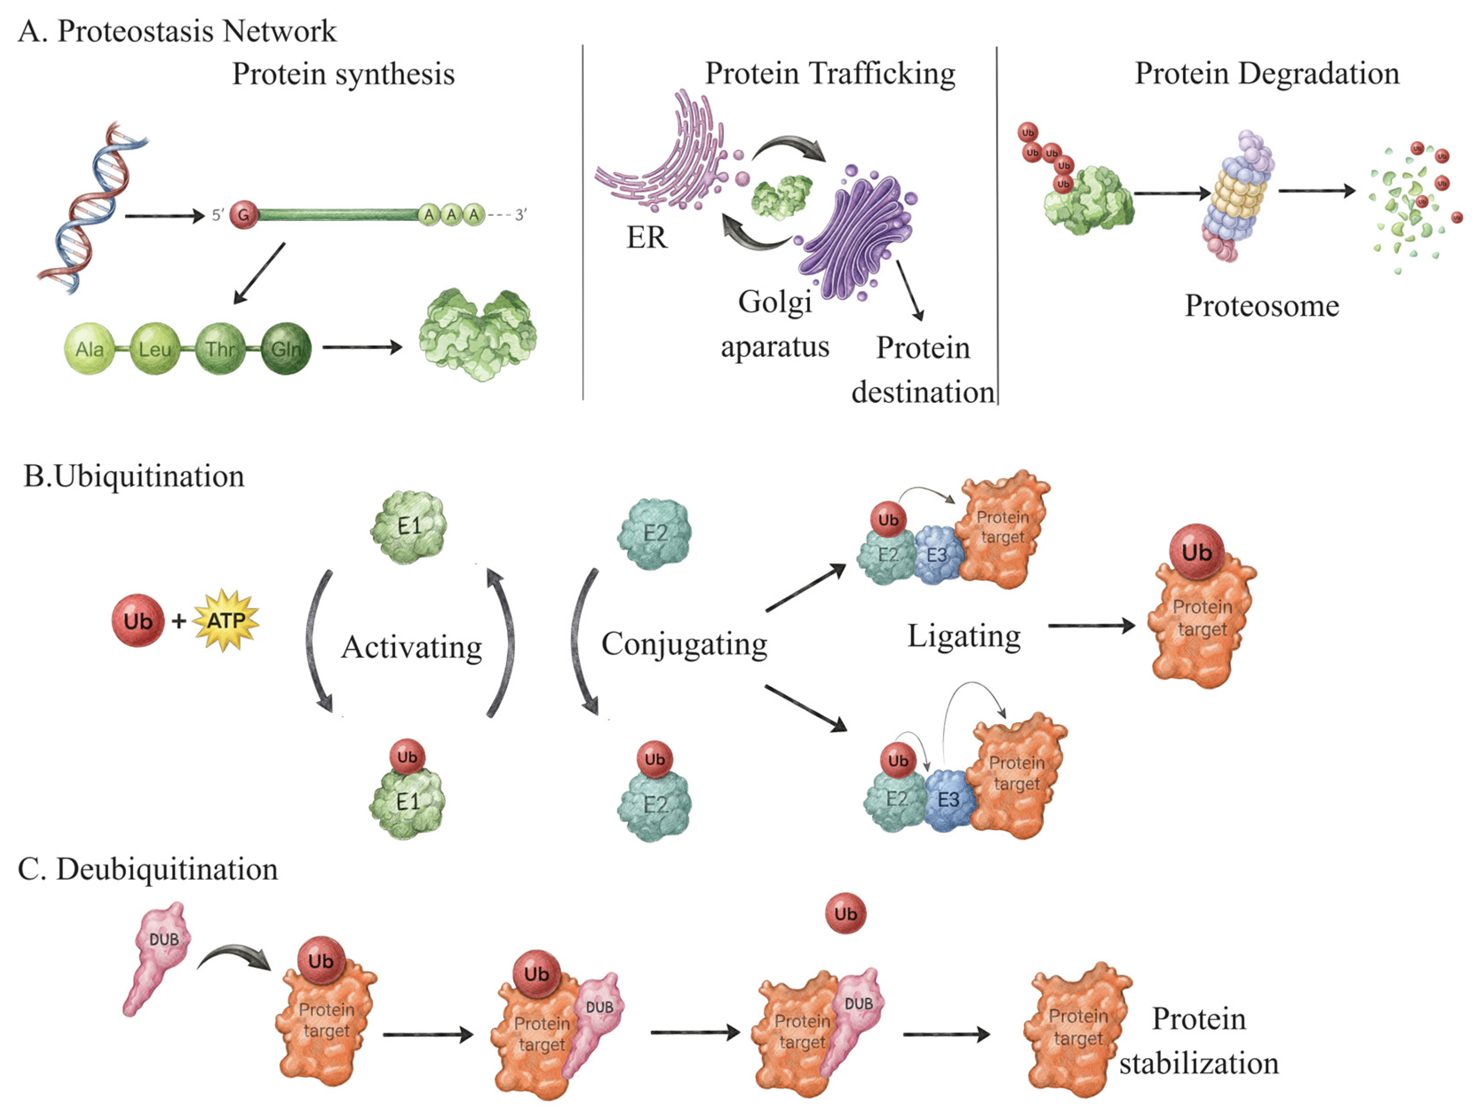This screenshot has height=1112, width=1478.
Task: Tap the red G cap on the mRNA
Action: (x=244, y=215)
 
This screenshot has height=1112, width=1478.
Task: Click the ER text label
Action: (x=646, y=237)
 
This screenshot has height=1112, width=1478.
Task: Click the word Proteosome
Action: (x=1261, y=306)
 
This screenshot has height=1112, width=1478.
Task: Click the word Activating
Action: (x=412, y=646)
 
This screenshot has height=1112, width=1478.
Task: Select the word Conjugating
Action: (x=684, y=644)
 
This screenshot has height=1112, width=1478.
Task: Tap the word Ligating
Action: (x=963, y=636)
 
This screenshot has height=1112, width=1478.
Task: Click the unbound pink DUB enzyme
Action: (x=157, y=955)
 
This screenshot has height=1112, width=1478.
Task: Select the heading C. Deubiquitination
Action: (x=148, y=869)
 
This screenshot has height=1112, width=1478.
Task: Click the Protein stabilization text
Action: (x=1199, y=1041)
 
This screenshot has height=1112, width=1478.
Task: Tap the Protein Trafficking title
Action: (x=830, y=74)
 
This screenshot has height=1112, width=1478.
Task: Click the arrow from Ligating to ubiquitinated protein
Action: (x=1090, y=626)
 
